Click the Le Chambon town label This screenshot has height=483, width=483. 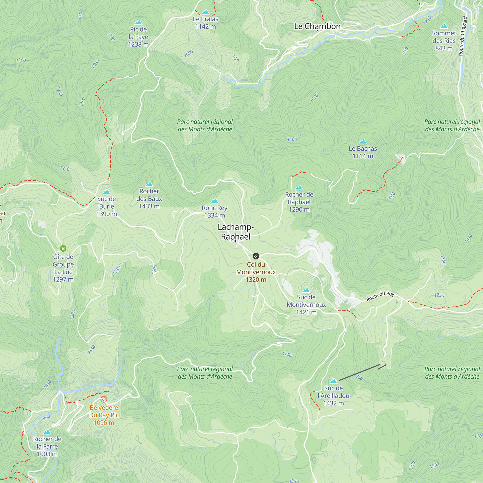tap(317, 26)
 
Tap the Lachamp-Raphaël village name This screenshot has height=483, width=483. tap(235, 232)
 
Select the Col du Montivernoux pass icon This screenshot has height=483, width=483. tap(256, 256)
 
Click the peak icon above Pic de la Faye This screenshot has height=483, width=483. tap(138, 22)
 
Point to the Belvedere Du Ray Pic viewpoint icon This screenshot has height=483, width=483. tap(104, 399)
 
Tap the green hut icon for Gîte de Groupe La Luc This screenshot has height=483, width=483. tap(63, 248)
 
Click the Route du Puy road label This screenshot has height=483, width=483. tap(380, 296)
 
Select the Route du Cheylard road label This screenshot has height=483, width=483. tap(463, 36)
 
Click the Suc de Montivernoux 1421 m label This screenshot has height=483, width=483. tap(306, 305)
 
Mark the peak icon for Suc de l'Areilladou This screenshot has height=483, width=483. tap(334, 381)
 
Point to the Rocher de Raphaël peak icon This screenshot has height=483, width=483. tap(299, 187)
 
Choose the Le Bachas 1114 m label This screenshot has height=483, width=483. tap(363, 152)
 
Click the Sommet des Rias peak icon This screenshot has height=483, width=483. tap(444, 26)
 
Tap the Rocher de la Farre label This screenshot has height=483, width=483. tap(47, 446)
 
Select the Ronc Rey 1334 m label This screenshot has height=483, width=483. tap(214, 211)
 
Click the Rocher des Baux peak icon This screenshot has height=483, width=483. tap(149, 184)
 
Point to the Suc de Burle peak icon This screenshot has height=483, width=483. tap(107, 192)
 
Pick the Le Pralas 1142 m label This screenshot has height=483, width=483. tap(206, 22)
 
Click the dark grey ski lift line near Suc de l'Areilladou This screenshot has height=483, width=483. tap(359, 372)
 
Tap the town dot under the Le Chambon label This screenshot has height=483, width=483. tap(317, 30)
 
